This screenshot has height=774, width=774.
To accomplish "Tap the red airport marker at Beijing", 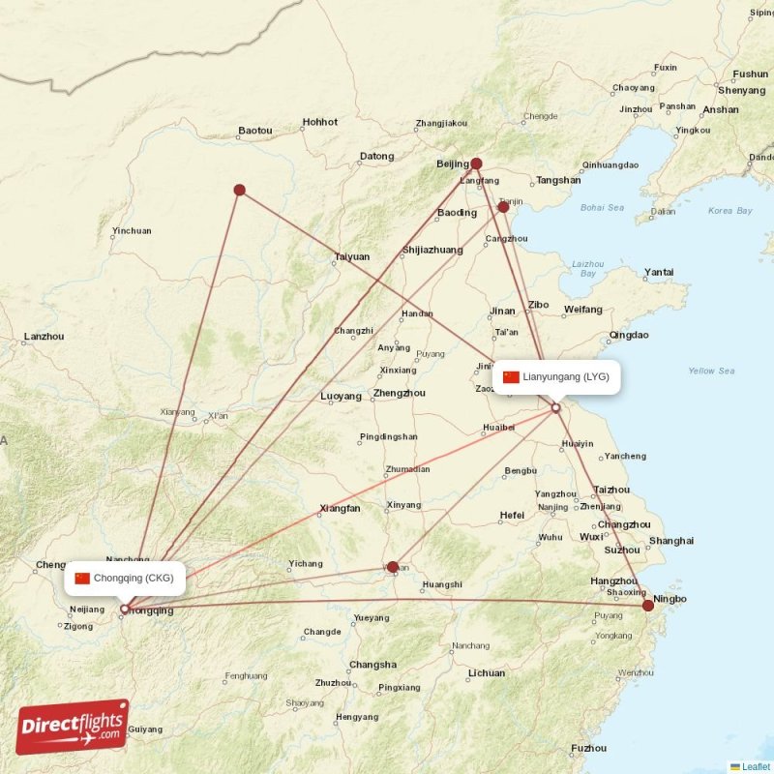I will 476,164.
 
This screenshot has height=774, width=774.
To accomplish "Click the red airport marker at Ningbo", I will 648,606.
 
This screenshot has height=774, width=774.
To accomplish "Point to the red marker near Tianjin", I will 503,207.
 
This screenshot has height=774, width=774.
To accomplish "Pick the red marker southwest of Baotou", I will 239,191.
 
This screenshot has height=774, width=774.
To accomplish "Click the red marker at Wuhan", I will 393,567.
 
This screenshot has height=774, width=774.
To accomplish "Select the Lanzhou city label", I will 44,337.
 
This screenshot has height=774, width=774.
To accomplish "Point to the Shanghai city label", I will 671,541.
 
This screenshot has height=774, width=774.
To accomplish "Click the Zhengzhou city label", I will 399,394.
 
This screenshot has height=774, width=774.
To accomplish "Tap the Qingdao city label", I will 629,336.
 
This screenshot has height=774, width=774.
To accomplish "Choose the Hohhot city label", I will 320,123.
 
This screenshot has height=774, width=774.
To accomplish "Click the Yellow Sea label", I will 711,371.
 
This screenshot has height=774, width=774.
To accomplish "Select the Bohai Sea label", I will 602,207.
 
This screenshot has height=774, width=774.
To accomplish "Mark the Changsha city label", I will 372,665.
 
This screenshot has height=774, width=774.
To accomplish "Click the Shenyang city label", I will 742,91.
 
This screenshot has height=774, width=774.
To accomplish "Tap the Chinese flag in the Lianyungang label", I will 511,377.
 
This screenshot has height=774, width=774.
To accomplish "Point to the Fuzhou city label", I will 589,749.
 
